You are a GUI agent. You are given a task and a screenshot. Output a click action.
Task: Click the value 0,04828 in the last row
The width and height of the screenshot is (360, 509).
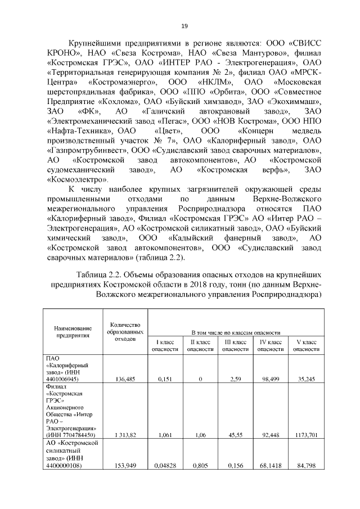coord(165,466)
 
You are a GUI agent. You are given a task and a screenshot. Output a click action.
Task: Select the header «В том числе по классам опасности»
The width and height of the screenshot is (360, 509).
coord(236,332)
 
